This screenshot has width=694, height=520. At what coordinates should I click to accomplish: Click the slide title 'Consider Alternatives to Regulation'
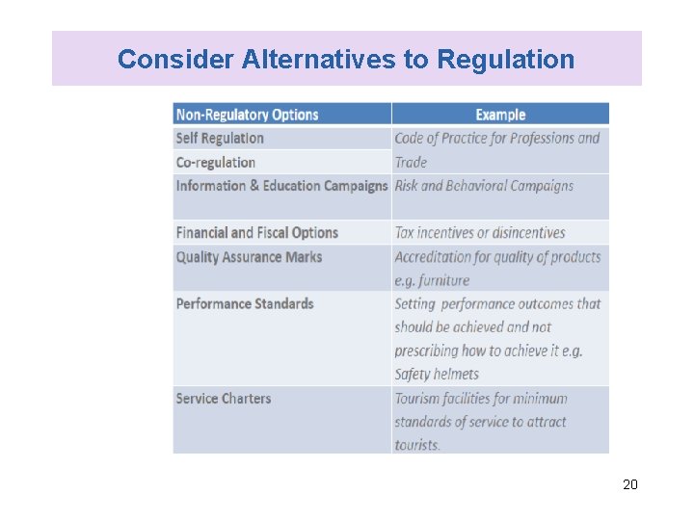pos(345,60)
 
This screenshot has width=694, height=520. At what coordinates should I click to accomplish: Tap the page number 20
pos(629,484)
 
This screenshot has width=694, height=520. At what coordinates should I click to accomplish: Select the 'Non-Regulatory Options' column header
pos(247,115)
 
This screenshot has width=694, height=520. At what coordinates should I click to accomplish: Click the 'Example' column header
pos(500,115)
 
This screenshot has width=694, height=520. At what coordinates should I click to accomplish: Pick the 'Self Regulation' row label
pos(220,139)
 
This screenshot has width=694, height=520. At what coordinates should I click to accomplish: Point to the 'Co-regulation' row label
pos(216,163)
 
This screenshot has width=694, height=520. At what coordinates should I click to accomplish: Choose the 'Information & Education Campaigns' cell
pos(281,186)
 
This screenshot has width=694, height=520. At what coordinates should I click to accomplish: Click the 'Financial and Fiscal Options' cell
pos(257,233)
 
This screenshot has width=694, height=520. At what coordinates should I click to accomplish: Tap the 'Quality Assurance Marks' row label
pos(249,257)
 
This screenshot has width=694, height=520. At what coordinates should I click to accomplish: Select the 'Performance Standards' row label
pos(245,304)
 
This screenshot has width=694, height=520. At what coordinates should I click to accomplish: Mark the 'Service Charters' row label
pos(224,399)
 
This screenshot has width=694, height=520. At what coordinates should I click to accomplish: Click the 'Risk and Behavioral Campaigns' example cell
pos(484,186)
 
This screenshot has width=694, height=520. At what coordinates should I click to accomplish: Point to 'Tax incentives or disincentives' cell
pos(480,233)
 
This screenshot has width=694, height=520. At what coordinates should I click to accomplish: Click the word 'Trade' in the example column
pos(411,163)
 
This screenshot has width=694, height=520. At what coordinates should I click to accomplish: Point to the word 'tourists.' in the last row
pos(417,446)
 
